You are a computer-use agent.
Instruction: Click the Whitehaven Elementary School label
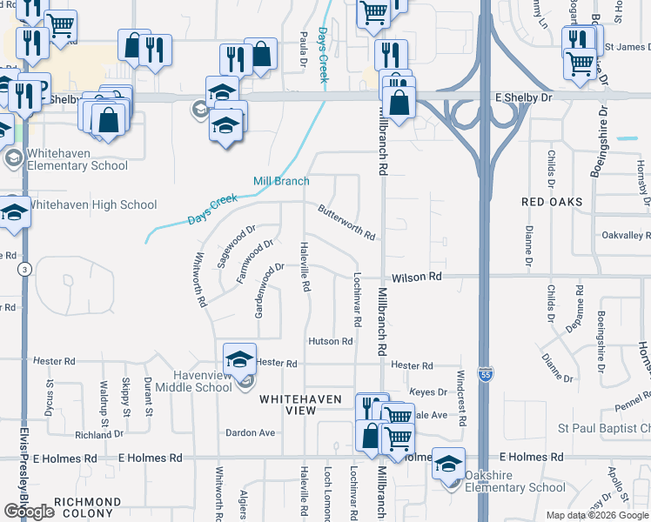pos(77,159)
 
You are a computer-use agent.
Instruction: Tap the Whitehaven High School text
pos(93,205)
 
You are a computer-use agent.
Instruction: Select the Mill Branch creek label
pos(281,181)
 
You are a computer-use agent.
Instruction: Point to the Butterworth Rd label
pos(346,223)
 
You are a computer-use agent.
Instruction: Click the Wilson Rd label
pos(417,277)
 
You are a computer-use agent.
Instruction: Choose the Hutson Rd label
pos(330,342)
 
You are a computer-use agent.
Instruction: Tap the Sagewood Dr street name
pos(236,244)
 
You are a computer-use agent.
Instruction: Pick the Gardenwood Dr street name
pos(269,290)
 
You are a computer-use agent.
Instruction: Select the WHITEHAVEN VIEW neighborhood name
pos(301,404)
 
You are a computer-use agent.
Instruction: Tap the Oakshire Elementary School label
pos(516,481)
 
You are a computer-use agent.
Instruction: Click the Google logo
pos(30,512)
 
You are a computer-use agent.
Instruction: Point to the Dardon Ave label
pos(250,432)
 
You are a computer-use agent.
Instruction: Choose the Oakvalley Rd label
pos(626,236)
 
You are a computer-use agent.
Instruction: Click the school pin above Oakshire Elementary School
pos(448,463)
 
